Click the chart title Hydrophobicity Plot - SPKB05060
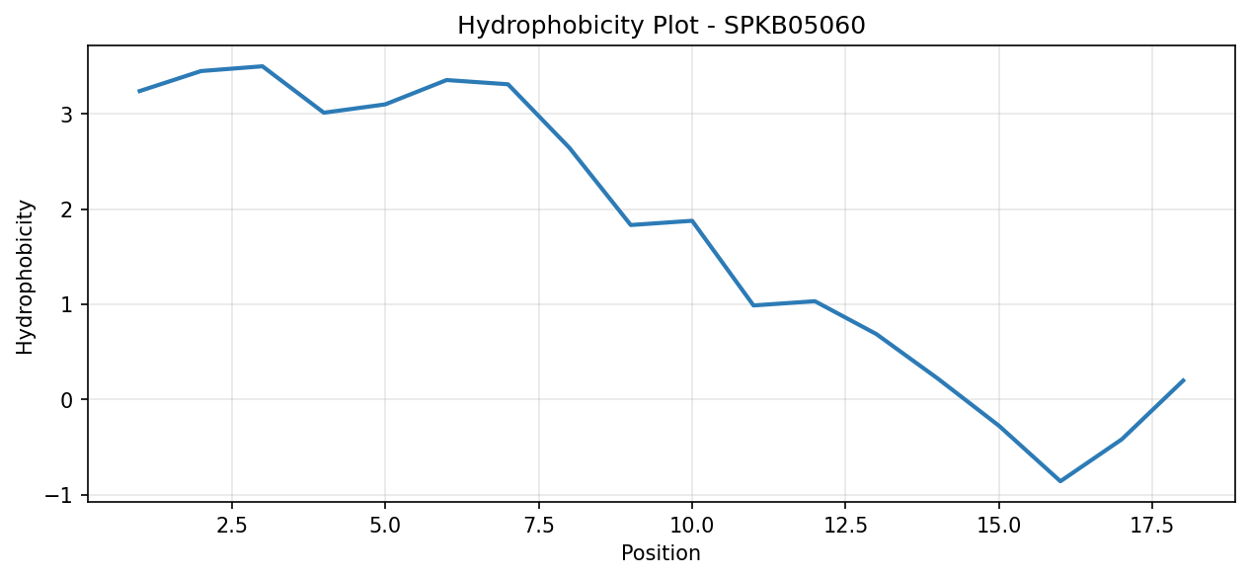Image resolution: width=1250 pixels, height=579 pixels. pyautogui.click(x=662, y=26)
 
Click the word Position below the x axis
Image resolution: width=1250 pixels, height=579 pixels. pyautogui.click(x=661, y=552)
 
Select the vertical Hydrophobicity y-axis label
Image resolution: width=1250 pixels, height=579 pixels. pyautogui.click(x=25, y=277)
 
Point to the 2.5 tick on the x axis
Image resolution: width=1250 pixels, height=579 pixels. pyautogui.click(x=232, y=526)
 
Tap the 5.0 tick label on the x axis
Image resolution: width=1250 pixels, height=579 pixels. pyautogui.click(x=385, y=526)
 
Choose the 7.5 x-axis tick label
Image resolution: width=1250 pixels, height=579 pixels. pyautogui.click(x=538, y=526)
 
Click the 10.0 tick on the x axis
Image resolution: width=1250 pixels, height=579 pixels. pyautogui.click(x=692, y=526)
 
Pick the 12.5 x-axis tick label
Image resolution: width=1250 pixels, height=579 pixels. pyautogui.click(x=845, y=526)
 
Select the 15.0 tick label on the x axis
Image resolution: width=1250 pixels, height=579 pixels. pyautogui.click(x=999, y=526)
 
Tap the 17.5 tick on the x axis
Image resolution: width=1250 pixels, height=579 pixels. pyautogui.click(x=1152, y=526)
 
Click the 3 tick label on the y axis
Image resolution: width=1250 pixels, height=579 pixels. pyautogui.click(x=67, y=115)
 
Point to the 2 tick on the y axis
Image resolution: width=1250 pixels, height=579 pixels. pyautogui.click(x=67, y=209)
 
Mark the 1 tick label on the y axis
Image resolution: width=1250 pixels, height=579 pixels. pyautogui.click(x=67, y=305)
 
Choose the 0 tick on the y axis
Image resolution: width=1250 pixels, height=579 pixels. pyautogui.click(x=67, y=400)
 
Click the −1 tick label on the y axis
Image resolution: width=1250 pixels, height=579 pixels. pyautogui.click(x=59, y=495)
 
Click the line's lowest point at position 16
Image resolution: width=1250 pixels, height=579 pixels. pyautogui.click(x=1060, y=481)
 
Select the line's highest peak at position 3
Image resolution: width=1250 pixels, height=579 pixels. pyautogui.click(x=263, y=66)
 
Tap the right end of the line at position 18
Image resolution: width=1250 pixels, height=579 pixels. pyautogui.click(x=1184, y=380)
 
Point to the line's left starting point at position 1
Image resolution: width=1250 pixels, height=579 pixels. pyautogui.click(x=139, y=91)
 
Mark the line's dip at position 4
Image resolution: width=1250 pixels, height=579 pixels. pyautogui.click(x=324, y=113)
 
